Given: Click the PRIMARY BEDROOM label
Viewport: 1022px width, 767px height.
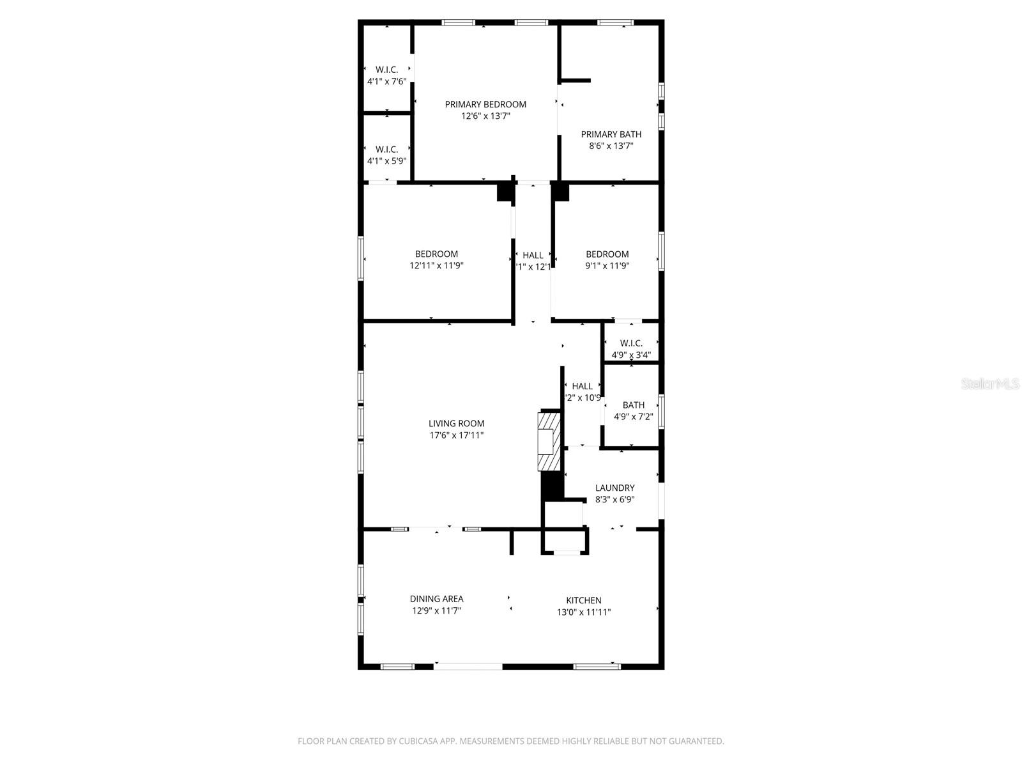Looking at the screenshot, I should click(485, 104).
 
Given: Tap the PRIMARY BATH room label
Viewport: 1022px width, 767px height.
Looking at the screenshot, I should click(611, 134).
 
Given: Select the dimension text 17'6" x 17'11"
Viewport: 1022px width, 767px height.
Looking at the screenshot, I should click(456, 435).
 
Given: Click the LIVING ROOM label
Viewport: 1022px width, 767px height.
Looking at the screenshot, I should click(456, 423).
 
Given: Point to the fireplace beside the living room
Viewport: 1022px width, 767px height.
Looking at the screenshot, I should click(548, 441).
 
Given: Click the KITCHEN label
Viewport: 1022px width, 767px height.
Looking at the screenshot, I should click(583, 600).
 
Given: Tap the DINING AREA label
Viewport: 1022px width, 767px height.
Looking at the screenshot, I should click(436, 599).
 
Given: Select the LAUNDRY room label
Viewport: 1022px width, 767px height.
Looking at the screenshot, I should click(614, 488).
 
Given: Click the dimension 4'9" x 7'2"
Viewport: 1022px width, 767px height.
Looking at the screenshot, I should click(633, 417).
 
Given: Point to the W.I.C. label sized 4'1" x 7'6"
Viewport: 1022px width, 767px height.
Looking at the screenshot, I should click(386, 70).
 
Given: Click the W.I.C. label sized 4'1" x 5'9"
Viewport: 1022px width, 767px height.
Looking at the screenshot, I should click(386, 150).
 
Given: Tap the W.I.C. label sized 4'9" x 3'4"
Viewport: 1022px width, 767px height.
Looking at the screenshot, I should click(631, 343).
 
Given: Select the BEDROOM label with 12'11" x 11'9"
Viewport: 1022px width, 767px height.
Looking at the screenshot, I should click(436, 254).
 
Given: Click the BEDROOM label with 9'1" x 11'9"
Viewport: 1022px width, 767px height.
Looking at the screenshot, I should click(607, 254).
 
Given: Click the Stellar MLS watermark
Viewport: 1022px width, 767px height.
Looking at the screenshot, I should click(991, 383).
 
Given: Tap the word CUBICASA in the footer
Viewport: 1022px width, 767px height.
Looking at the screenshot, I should click(418, 741).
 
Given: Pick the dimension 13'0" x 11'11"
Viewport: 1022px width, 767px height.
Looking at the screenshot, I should click(583, 612).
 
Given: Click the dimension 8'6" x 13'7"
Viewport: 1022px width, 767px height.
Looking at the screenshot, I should click(611, 146).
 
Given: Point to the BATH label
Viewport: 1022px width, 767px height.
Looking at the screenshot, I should click(633, 405).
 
